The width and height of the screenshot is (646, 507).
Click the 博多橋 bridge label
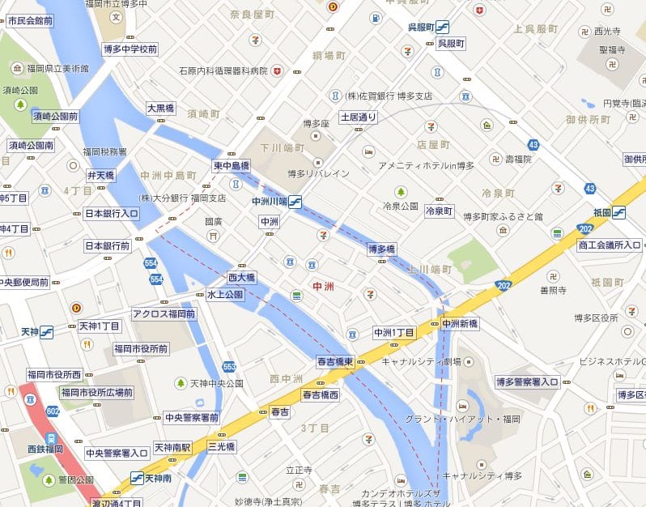(381, 249)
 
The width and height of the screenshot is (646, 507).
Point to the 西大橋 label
(241, 278)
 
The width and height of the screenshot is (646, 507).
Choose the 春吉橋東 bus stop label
(335, 362)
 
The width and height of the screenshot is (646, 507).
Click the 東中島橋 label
(232, 165)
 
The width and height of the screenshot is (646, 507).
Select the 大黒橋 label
(160, 108)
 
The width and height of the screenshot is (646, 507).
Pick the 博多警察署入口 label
(527, 381)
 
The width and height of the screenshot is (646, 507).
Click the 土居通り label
(359, 117)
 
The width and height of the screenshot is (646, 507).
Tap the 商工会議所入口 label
(610, 245)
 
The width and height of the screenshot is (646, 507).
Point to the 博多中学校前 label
(130, 49)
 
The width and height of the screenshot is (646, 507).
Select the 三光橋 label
(221, 446)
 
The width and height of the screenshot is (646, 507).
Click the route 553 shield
(229, 367)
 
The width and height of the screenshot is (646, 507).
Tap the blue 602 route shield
(53, 411)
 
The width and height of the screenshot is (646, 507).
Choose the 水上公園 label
(224, 295)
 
